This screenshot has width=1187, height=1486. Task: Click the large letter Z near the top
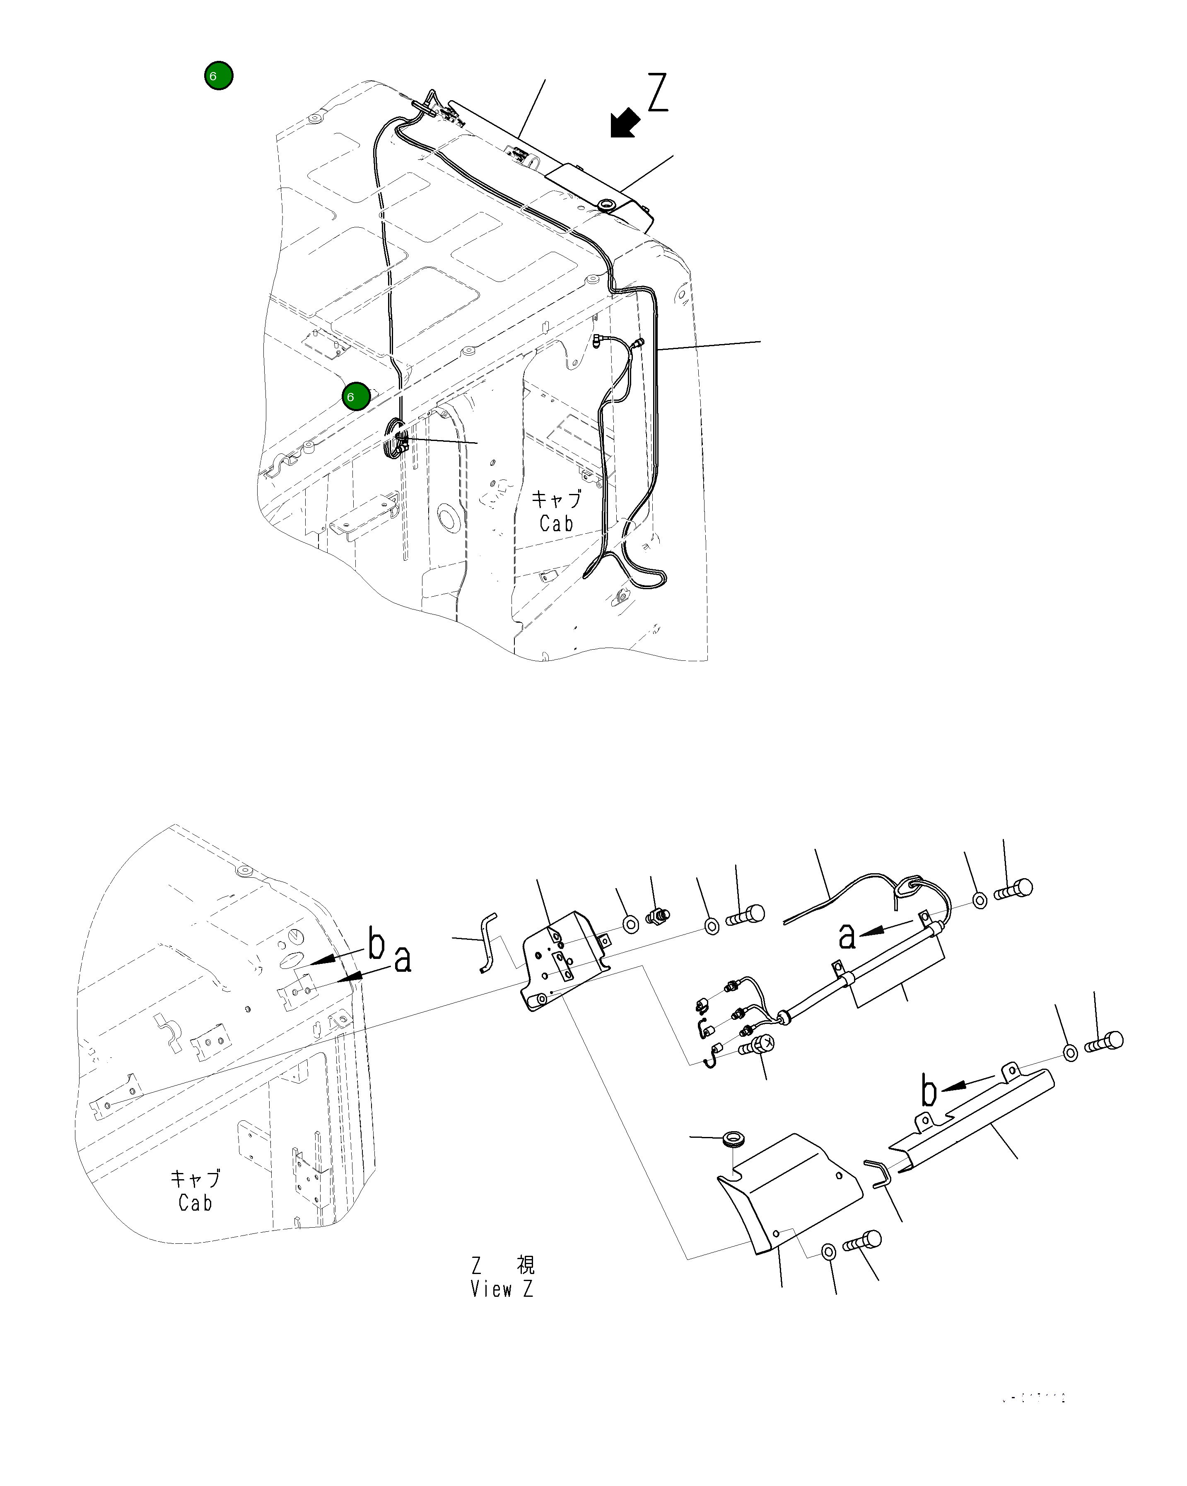pos(658,93)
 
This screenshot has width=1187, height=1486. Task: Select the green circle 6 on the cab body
pos(356,396)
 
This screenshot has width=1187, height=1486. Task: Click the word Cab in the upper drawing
pos(556,524)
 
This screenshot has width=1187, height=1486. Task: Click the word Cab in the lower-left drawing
pos(195,1203)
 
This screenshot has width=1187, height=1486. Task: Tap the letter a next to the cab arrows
pos(403,959)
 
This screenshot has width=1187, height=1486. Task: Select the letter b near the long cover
pos(929,1091)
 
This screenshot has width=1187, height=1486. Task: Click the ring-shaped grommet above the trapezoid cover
pos(732,1139)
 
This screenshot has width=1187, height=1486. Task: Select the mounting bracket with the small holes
pos(564,958)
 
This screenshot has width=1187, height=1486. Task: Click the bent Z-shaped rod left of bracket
pos(488,942)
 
